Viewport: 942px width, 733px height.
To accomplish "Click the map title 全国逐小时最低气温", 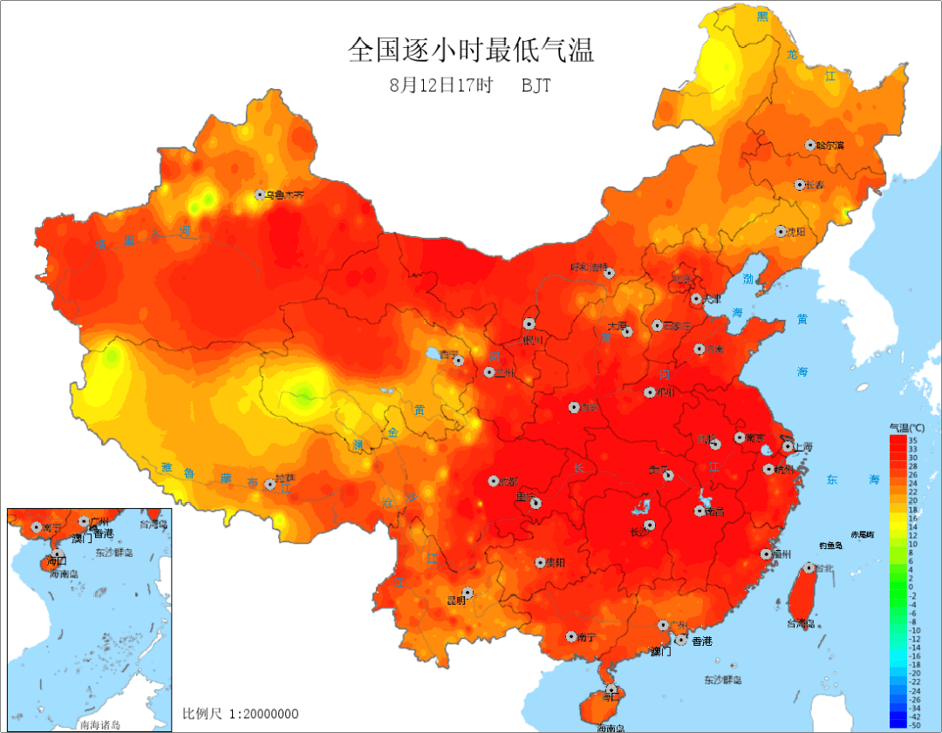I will click(x=471, y=50).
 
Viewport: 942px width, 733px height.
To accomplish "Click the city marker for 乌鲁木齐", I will click(x=260, y=195).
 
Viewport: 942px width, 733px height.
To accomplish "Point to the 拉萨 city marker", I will click(x=270, y=484).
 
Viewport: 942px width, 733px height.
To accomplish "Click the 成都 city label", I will click(x=509, y=481).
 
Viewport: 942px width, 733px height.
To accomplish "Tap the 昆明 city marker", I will click(x=468, y=593).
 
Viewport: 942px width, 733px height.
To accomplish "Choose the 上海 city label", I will click(x=802, y=446).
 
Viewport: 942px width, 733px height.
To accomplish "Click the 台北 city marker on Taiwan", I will click(x=808, y=568).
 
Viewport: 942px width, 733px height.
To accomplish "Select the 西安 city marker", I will click(x=574, y=407).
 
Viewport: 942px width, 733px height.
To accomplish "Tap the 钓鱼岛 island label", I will click(x=829, y=546).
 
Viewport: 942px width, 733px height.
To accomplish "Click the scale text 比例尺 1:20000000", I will click(x=240, y=714).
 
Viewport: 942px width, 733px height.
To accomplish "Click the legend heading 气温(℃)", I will click(x=907, y=427).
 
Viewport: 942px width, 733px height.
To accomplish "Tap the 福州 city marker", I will click(x=764, y=554).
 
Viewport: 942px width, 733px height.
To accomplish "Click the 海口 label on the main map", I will click(x=610, y=697).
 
